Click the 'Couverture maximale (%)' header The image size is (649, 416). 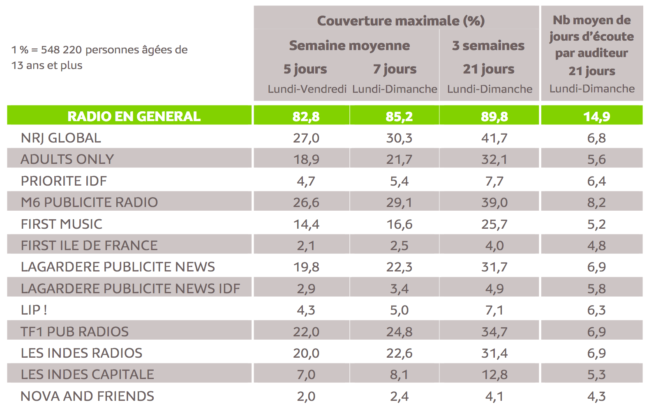401,21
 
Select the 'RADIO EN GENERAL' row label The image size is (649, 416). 134,116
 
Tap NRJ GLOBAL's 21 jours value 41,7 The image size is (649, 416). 494,138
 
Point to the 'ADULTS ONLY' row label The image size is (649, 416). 67,159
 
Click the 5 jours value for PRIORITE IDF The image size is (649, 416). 306,181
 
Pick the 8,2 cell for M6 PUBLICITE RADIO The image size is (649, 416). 596,202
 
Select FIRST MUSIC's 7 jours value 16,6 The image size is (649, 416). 399,224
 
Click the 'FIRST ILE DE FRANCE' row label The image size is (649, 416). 89,246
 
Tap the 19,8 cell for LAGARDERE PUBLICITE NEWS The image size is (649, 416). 306,267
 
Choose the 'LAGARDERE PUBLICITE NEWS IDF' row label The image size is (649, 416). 130,289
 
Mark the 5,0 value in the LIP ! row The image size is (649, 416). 399,310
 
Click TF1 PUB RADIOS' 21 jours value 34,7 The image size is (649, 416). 494,332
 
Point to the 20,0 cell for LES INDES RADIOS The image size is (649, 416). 306,353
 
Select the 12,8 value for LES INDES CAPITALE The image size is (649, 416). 494,375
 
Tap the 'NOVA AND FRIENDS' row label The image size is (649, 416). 87,396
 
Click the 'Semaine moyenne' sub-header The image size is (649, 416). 349,45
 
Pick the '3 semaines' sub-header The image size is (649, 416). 488,45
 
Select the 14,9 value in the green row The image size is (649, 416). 596,117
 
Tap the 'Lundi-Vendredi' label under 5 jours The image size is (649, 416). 307,89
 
